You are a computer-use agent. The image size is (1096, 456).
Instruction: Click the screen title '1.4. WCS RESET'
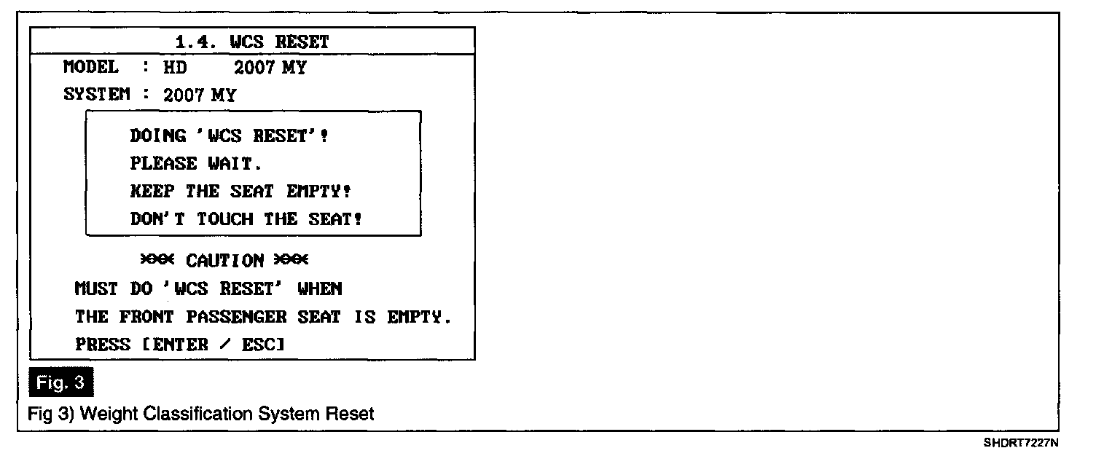click(252, 42)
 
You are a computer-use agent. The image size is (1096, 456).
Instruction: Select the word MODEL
click(90, 68)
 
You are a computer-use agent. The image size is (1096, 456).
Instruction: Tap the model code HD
click(175, 68)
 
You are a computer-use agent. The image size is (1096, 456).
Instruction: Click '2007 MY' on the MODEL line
click(270, 68)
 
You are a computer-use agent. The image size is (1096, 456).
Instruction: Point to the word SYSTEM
click(97, 95)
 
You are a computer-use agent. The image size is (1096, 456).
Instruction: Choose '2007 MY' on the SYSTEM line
click(200, 95)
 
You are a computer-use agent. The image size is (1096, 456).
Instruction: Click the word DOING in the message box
click(157, 136)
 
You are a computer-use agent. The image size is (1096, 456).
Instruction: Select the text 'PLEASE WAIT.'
click(192, 164)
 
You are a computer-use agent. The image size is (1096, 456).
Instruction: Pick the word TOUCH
click(224, 219)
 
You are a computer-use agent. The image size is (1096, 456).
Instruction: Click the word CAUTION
click(225, 260)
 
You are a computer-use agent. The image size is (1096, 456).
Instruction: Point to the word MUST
click(96, 288)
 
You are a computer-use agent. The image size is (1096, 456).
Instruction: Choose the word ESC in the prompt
click(258, 345)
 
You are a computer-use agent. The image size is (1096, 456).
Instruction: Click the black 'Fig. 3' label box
click(61, 383)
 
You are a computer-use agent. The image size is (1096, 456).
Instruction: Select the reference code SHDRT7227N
click(1020, 442)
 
